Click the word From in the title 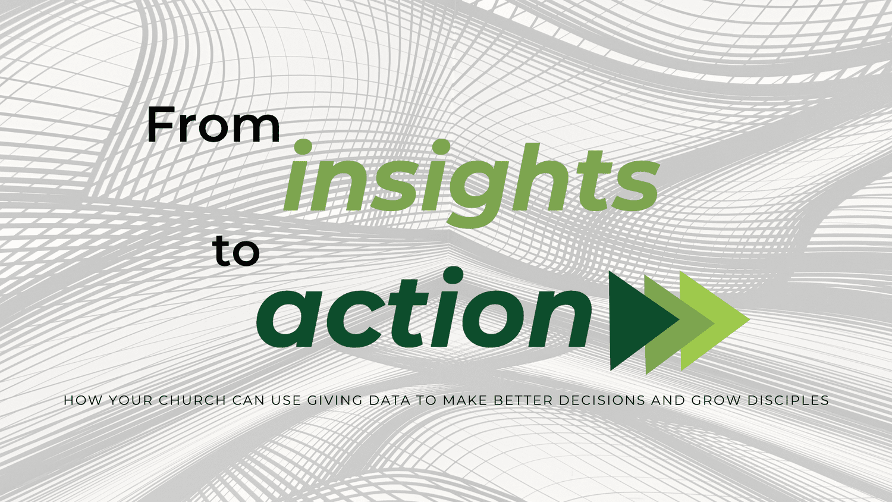pos(213,124)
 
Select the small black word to pos(235,251)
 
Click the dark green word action pos(424,308)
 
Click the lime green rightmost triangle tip pos(749,319)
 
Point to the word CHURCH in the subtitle pos(192,400)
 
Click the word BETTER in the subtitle pos(523,400)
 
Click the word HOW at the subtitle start pos(83,400)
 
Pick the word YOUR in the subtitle pos(131,400)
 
